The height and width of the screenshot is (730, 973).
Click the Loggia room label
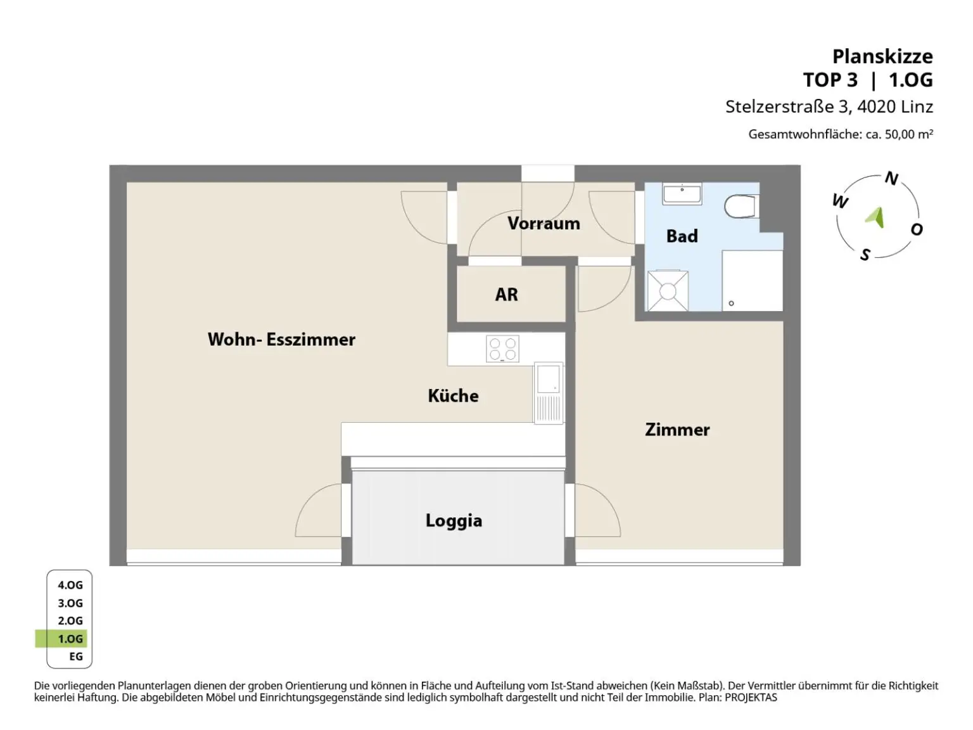pos(454,521)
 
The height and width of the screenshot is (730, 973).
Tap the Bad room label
pos(682,236)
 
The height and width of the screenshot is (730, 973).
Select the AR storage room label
pos(506,294)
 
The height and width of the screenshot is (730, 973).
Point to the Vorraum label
pos(544,223)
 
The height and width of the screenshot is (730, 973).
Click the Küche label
pos(453,395)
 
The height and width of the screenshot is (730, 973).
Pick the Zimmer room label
pos(677,429)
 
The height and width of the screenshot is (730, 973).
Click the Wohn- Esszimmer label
pos(281,339)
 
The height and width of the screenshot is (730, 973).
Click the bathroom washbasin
pos(682,194)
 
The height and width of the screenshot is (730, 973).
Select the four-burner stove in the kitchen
pos(502,349)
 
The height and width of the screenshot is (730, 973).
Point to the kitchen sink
pos(549,393)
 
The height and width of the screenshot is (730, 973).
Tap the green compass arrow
pos(875,217)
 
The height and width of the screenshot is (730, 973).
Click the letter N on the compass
pos(891,178)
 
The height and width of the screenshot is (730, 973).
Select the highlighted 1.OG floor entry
pos(70,639)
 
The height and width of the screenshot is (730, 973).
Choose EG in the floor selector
pos(76,656)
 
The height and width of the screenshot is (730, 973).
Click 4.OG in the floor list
pos(70,585)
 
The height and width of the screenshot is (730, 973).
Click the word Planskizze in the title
pos(882,57)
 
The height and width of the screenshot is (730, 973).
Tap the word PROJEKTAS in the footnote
pos(751,697)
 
